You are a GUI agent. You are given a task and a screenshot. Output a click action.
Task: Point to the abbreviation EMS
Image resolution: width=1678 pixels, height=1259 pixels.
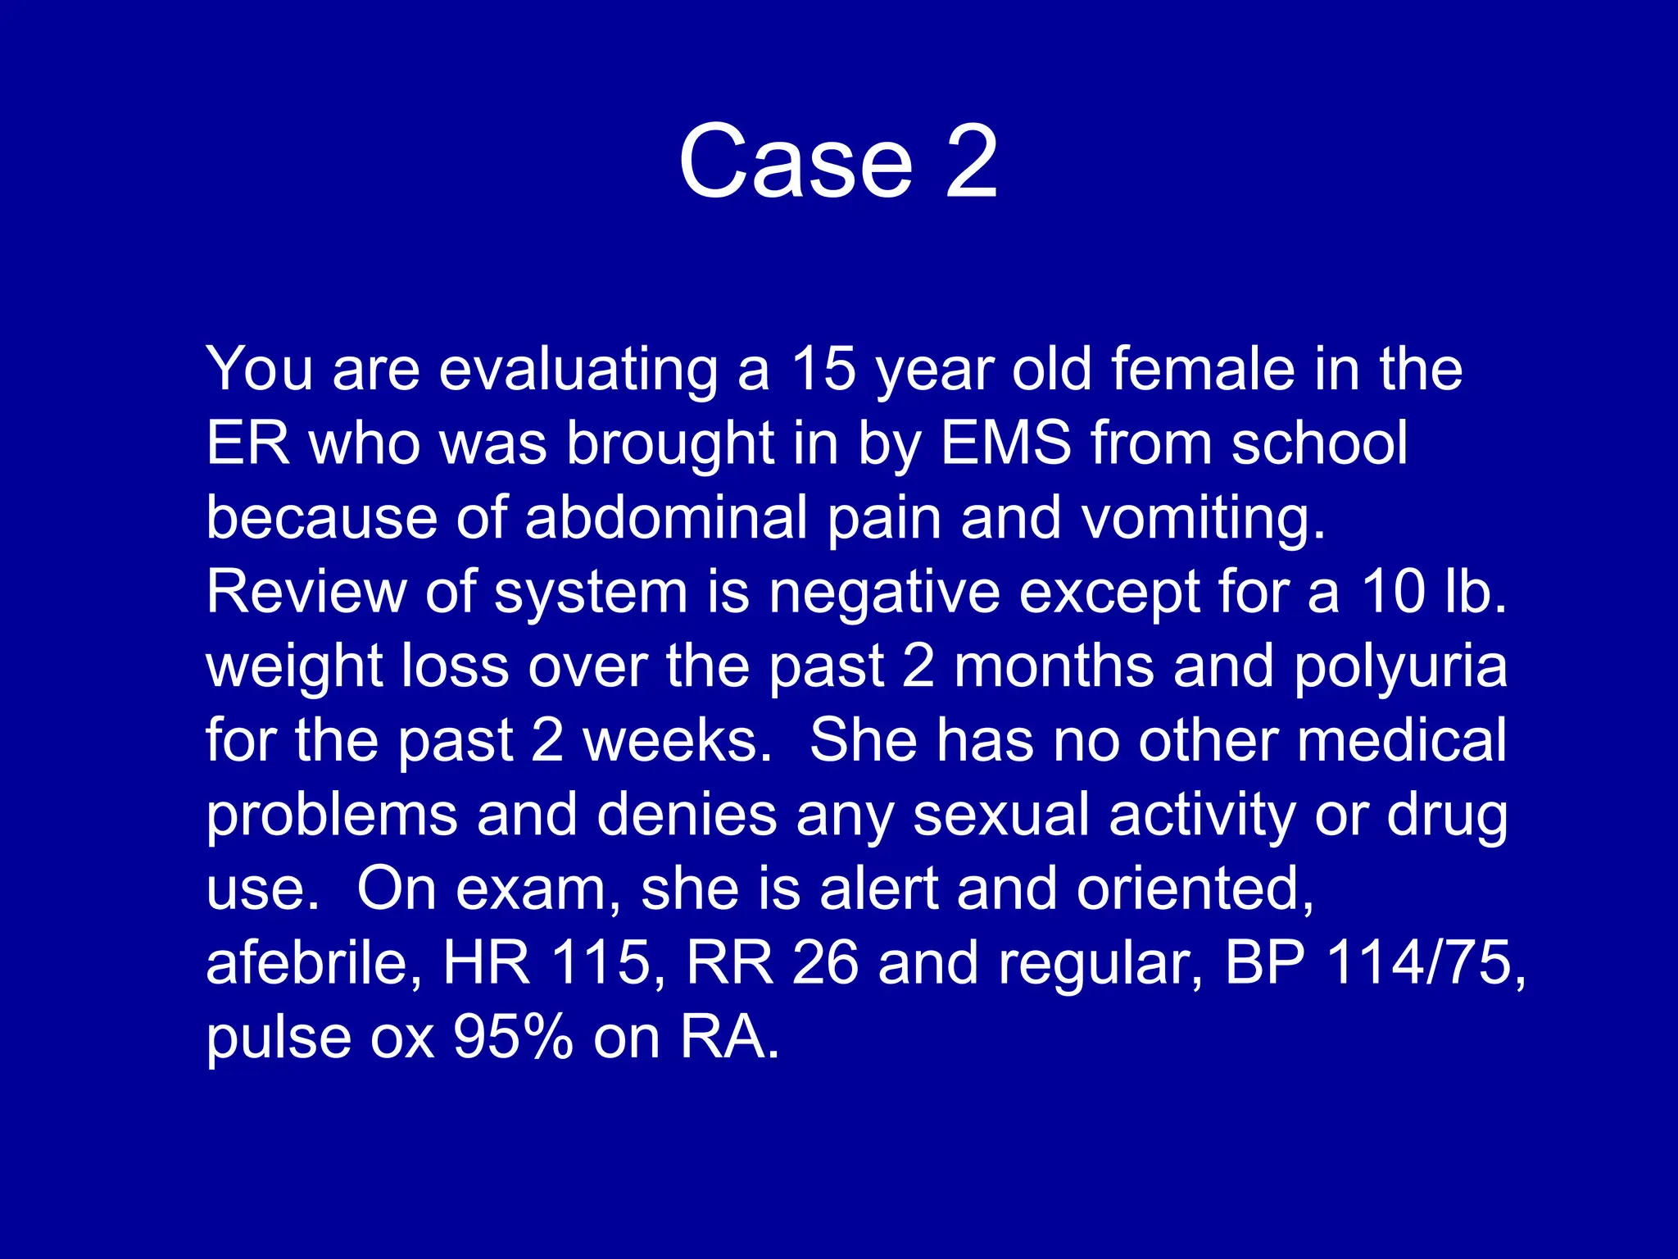tap(1006, 443)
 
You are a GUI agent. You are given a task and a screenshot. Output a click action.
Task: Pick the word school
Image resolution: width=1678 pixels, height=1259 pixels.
tap(1319, 443)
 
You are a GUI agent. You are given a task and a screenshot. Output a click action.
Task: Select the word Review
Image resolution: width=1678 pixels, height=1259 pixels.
tap(306, 592)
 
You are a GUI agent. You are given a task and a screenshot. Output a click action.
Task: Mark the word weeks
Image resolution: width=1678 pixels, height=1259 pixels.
tap(677, 741)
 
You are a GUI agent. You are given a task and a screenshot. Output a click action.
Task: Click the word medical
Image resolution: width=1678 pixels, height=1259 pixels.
tap(1402, 741)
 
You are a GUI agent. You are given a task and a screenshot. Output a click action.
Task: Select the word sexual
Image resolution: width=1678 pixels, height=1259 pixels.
tap(1000, 816)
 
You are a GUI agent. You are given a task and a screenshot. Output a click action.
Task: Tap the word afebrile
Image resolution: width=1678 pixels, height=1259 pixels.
tap(315, 963)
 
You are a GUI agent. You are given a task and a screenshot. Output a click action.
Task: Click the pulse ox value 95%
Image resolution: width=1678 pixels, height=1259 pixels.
tap(513, 1038)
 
